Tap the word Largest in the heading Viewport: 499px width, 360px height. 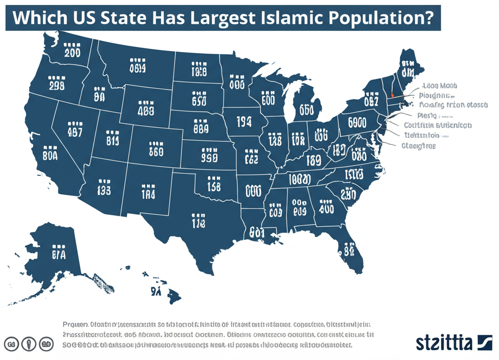[219, 19]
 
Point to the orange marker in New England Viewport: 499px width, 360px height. [392, 95]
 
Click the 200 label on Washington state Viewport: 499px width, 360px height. [72, 52]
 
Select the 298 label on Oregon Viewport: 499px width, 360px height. [57, 86]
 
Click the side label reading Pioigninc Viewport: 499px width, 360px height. [436, 95]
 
